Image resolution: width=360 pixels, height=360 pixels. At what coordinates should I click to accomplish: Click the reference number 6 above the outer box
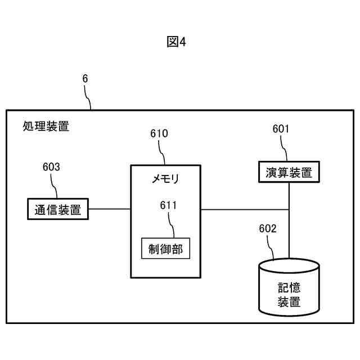click(85, 79)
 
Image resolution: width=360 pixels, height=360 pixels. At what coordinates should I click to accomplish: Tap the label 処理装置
click(46, 126)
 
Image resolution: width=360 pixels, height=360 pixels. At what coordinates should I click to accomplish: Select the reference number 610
click(159, 134)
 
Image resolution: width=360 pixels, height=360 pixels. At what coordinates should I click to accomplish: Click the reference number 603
click(51, 166)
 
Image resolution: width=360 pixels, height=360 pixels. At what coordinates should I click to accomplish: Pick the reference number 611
click(168, 205)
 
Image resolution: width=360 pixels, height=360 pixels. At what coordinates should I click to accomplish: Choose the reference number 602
click(268, 228)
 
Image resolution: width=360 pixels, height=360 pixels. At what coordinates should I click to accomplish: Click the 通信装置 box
click(58, 210)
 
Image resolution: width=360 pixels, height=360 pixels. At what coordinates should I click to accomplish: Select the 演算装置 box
click(289, 172)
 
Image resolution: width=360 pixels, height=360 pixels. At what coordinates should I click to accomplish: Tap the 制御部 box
click(165, 247)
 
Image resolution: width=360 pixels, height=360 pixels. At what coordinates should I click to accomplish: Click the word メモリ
click(165, 179)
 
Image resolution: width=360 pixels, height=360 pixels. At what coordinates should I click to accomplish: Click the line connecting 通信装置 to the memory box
click(110, 210)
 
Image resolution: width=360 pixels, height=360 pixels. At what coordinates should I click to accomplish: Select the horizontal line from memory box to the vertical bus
click(245, 210)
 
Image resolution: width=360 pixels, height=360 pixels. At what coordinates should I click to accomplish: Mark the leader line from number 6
click(89, 97)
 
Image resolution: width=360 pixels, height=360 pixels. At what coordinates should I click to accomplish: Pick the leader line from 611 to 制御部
click(172, 224)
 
